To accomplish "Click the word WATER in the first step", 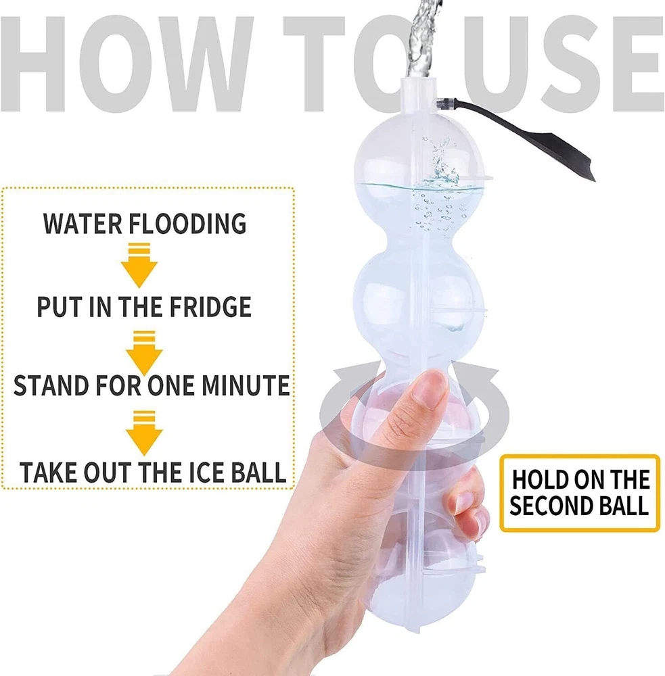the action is pyautogui.click(x=83, y=224).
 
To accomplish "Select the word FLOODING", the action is pyautogui.click(x=187, y=224).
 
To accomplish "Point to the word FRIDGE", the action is pyautogui.click(x=210, y=306).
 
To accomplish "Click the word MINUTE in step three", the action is pyautogui.click(x=246, y=385).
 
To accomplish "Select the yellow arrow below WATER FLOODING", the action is pyautogui.click(x=139, y=265).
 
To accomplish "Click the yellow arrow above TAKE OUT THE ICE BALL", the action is pyautogui.click(x=144, y=433).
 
